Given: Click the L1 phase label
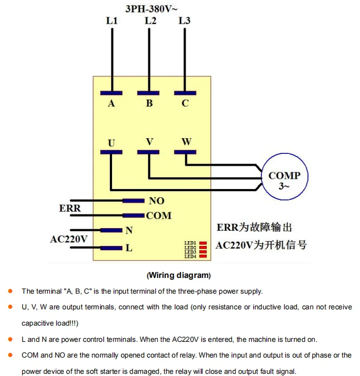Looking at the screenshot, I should coord(112,21).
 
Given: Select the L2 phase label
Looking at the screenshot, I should coord(150,21).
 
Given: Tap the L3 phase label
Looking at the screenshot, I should coord(184,21).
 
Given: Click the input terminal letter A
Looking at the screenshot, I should coord(112,103).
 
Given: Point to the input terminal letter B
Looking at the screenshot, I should coord(149,103).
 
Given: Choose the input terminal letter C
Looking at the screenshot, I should coord(185,103).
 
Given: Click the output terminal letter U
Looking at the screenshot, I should coord(112,143).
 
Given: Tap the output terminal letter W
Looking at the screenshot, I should coord(186,142).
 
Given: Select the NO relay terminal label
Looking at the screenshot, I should coord(156,201).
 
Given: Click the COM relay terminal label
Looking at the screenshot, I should coord(159,216).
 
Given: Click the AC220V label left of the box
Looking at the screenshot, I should coord(69,239).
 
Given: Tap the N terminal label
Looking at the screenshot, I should coord(129,230).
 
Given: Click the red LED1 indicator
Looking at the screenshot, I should coord(204,243).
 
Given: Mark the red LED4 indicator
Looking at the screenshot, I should coord(204,256).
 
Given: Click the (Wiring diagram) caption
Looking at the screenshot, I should coord(179,275).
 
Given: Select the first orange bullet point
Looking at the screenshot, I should coord(10,291).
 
